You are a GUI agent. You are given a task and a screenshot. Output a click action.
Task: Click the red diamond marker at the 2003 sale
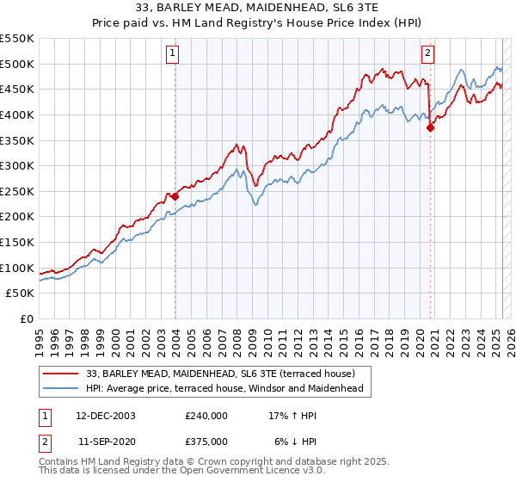pyautogui.click(x=175, y=196)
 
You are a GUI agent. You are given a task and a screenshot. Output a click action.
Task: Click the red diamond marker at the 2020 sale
pyautogui.click(x=431, y=127)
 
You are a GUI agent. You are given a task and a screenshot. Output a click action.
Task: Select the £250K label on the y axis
pyautogui.click(x=17, y=191)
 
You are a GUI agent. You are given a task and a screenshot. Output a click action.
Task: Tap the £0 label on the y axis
pyautogui.click(x=26, y=318)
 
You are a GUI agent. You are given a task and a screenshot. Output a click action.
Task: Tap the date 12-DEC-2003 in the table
pyautogui.click(x=106, y=416)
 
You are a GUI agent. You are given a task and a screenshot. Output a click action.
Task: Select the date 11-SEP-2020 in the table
pyautogui.click(x=106, y=441)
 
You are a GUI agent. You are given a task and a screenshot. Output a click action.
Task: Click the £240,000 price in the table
pyautogui.click(x=206, y=416)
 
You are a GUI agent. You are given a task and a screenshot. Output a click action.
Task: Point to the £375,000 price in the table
pyautogui.click(x=206, y=441)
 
